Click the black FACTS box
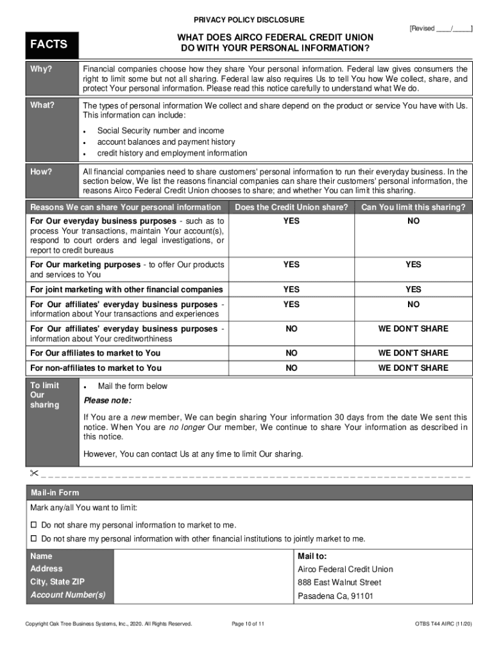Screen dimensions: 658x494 (x=51, y=45)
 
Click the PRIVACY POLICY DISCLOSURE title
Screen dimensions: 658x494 (x=250, y=20)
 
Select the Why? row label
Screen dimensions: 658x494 (x=42, y=69)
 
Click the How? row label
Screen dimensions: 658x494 (x=42, y=172)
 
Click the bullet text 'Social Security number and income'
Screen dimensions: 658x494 (x=160, y=130)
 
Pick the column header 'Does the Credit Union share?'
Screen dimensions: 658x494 (x=291, y=207)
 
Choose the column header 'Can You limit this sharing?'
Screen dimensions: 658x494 (x=413, y=207)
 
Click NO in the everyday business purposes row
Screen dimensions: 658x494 (x=413, y=221)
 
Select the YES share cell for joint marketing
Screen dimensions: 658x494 (x=291, y=289)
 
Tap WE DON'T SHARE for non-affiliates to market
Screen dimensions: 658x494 (x=413, y=368)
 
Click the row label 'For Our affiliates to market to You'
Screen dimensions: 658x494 (x=96, y=353)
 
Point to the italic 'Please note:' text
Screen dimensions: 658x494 (x=108, y=400)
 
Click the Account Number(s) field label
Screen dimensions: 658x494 (x=68, y=595)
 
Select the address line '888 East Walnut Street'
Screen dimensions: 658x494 (x=339, y=582)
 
